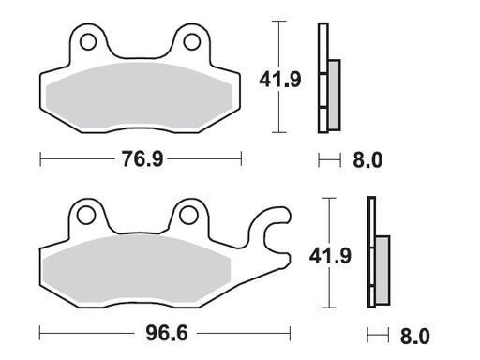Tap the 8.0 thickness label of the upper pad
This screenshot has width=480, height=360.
(x=368, y=160)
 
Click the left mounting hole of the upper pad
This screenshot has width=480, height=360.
(x=90, y=42)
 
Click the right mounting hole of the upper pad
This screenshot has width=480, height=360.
(x=192, y=42)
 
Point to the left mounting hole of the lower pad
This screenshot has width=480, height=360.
(x=87, y=216)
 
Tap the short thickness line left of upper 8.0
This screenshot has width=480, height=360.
(x=328, y=160)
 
